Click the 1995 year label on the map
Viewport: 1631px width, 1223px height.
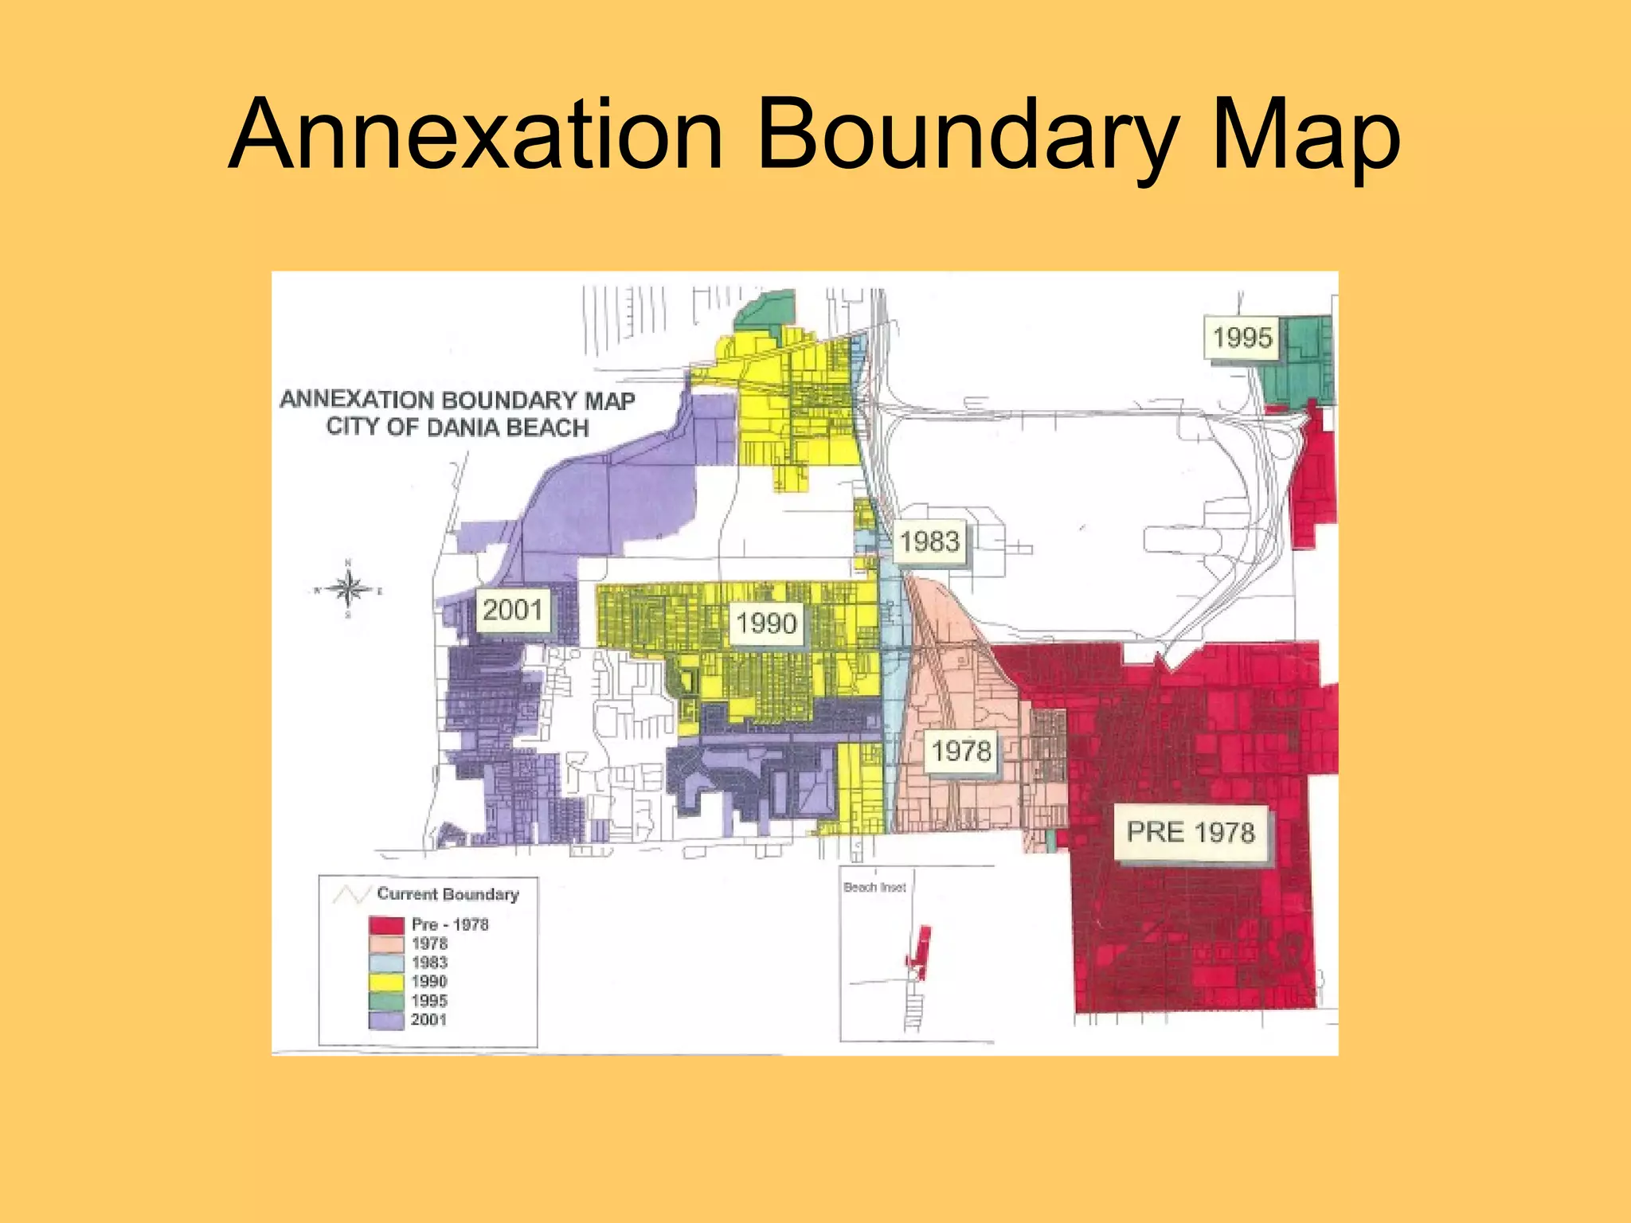(x=1242, y=338)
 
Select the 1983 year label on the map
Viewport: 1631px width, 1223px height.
(x=929, y=541)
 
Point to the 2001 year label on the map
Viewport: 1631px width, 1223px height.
(x=512, y=610)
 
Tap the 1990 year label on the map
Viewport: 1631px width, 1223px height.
(x=765, y=623)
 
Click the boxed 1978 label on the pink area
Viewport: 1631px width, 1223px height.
(x=961, y=750)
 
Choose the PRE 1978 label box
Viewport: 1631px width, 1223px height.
(x=1191, y=832)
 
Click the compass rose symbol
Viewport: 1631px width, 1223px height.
(x=348, y=590)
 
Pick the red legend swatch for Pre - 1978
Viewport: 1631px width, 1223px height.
(x=386, y=925)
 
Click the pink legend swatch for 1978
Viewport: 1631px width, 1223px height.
(x=386, y=944)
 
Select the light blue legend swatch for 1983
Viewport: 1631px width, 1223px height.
(x=386, y=963)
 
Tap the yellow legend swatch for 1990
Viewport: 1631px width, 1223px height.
(x=386, y=982)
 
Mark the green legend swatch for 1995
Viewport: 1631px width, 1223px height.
(x=386, y=1001)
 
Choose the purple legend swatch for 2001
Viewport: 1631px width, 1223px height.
(x=386, y=1020)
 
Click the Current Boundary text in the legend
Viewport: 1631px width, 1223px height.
(x=448, y=894)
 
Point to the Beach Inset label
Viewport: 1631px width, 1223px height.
(x=874, y=887)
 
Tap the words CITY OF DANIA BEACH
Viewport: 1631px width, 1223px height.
(x=457, y=428)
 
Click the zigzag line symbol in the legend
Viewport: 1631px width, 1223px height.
(x=349, y=895)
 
